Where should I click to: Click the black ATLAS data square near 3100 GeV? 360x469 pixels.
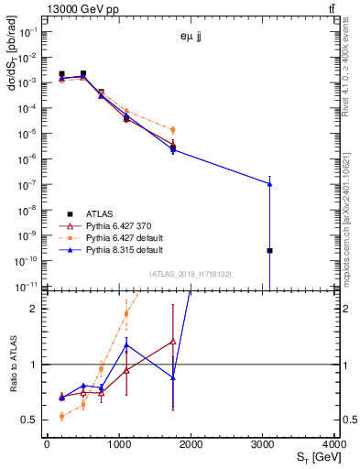[x=270, y=250]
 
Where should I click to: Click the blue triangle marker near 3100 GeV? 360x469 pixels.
[x=270, y=183]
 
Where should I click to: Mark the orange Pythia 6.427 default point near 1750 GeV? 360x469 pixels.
[x=172, y=130]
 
